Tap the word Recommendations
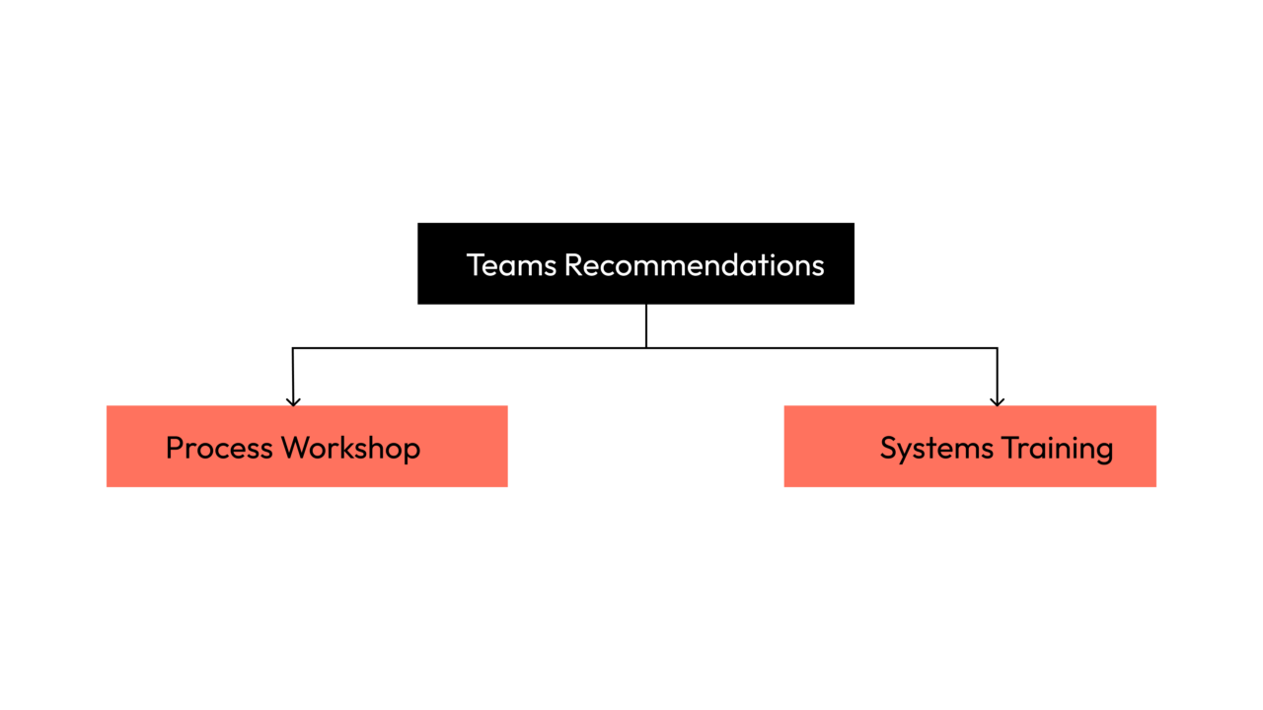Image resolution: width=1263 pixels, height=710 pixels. tap(694, 265)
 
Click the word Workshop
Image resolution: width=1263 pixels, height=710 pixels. tap(350, 448)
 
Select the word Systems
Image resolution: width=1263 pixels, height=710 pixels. tap(936, 449)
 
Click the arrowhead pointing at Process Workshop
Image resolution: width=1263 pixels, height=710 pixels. tap(293, 400)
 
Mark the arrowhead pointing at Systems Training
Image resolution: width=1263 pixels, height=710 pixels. tap(997, 400)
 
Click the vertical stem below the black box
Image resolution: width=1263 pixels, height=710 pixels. tap(646, 325)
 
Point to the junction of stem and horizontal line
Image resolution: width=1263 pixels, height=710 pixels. tap(646, 347)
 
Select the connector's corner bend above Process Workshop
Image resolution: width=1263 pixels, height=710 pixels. tap(293, 348)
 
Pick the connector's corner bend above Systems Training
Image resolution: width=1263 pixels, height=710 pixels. tap(997, 348)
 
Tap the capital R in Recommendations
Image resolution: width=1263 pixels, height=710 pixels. tap(572, 265)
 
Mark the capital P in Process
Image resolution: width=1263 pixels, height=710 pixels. tap(175, 448)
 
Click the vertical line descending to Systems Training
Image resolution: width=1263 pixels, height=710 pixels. tap(997, 375)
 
